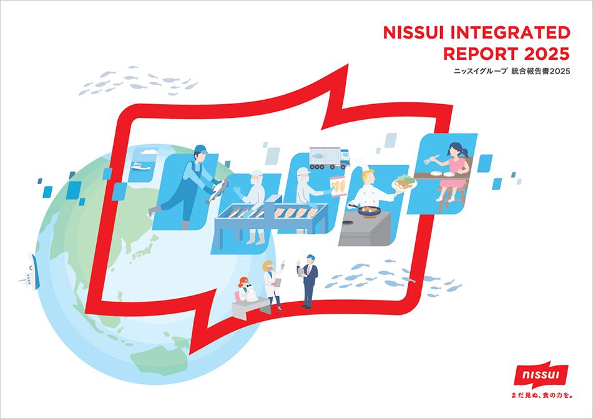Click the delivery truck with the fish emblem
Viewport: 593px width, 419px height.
pos(329,158)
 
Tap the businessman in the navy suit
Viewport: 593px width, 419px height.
pos(308,281)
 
